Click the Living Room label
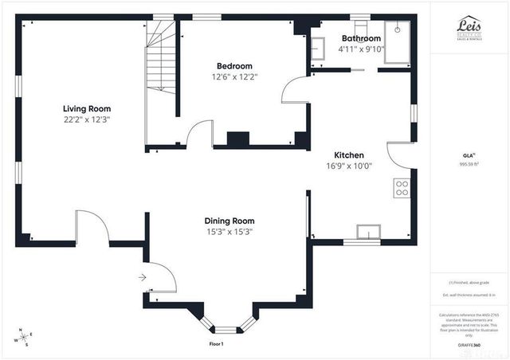87,108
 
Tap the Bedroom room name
234,66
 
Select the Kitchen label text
349,155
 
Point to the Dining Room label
229,221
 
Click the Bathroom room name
361,38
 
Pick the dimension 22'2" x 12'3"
87,119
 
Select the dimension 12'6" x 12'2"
234,77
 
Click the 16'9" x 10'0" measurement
349,166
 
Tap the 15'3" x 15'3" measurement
229,232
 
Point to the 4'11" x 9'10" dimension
361,49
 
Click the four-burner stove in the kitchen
402,188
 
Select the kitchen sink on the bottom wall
369,233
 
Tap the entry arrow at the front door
142,277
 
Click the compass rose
24,338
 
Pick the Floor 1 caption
216,344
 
